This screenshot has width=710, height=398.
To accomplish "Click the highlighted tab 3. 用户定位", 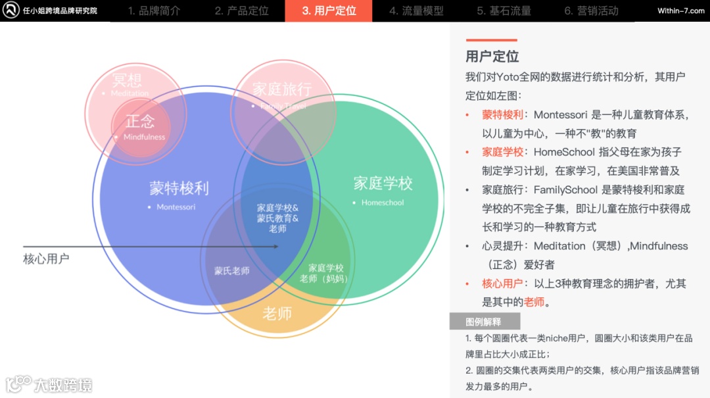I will tap(329, 11).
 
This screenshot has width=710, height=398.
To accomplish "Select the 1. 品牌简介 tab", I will tap(154, 11).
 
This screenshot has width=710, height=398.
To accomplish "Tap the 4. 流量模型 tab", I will tap(416, 11).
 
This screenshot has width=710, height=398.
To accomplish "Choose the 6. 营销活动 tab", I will tap(591, 11).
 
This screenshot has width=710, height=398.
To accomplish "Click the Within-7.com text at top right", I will tap(680, 11).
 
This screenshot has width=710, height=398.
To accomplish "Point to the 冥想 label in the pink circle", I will tap(127, 80).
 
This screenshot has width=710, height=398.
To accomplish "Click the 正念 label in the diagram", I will tap(140, 121).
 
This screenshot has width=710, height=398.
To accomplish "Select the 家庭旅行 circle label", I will tap(282, 89).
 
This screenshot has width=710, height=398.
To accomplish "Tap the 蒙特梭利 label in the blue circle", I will tap(179, 188).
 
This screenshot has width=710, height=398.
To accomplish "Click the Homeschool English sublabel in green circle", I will tap(383, 203).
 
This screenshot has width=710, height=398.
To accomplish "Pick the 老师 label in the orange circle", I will tap(277, 313).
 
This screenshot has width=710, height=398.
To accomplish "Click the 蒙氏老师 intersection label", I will tap(232, 271).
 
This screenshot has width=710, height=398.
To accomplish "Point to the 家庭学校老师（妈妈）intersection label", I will tap(325, 273).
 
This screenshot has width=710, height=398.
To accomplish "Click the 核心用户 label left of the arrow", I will tap(46, 259).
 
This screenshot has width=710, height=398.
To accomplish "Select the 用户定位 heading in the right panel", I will tap(492, 57).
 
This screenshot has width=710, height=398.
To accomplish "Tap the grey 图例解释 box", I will tap(484, 322).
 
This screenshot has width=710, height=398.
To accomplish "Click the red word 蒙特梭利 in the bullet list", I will tap(502, 114).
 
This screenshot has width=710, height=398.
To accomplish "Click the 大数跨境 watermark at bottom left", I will tap(62, 384).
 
